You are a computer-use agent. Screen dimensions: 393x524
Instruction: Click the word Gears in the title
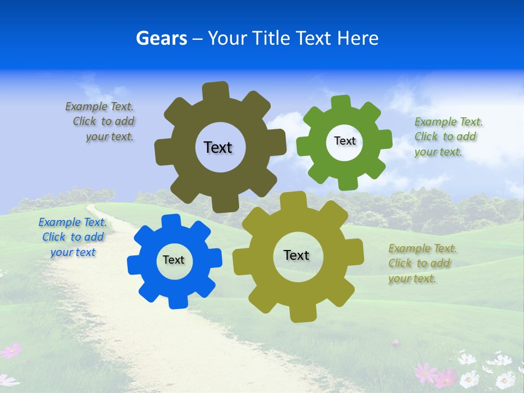161,38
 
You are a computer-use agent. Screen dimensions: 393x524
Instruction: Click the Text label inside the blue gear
174,260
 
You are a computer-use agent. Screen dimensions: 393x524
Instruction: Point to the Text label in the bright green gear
344,141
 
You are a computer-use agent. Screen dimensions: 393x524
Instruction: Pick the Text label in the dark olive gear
218,147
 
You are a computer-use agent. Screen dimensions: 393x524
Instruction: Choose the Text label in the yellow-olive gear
296,255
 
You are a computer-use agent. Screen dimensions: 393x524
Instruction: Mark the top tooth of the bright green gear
341,103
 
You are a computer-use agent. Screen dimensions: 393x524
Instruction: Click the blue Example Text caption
73,237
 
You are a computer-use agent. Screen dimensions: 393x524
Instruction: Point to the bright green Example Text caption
448,137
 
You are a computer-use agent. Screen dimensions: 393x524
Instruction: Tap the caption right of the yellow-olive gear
422,264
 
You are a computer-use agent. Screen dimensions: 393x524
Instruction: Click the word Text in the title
313,38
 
